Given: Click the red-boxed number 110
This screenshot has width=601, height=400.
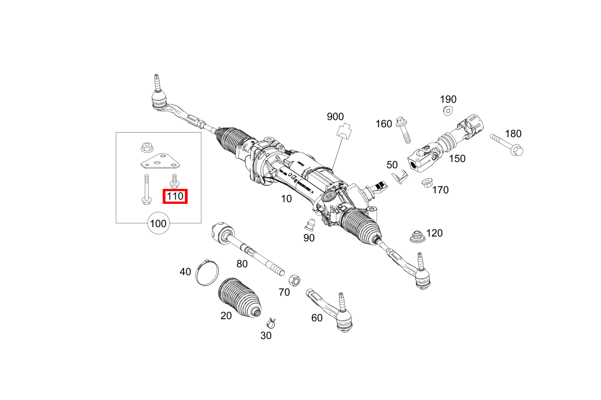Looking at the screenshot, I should (x=175, y=197).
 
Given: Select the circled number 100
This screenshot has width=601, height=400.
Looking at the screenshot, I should (x=158, y=223).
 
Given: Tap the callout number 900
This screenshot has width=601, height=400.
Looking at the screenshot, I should (x=335, y=117).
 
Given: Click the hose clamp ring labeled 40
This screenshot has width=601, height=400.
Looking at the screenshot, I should (x=207, y=272).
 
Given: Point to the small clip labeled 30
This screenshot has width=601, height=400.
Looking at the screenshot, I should (x=271, y=323).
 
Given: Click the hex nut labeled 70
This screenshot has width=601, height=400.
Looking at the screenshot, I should (x=295, y=280).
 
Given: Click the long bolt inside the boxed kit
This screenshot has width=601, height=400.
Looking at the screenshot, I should (x=146, y=189).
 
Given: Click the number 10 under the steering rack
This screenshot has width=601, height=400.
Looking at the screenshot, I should (x=286, y=198).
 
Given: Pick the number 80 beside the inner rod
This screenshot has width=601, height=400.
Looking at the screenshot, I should (x=242, y=264).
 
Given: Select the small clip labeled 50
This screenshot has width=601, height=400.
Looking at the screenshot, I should (x=397, y=177).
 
